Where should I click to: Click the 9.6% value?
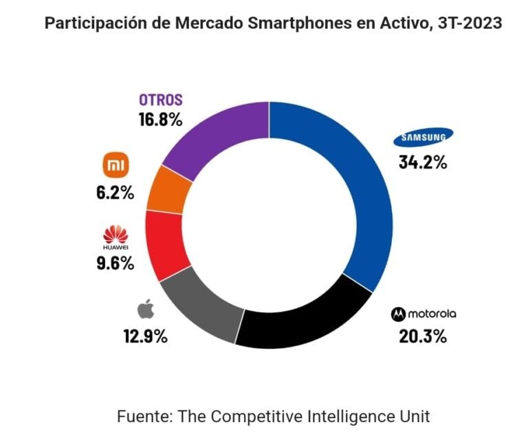[x=114, y=263]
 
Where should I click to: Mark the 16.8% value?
[x=160, y=120]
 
